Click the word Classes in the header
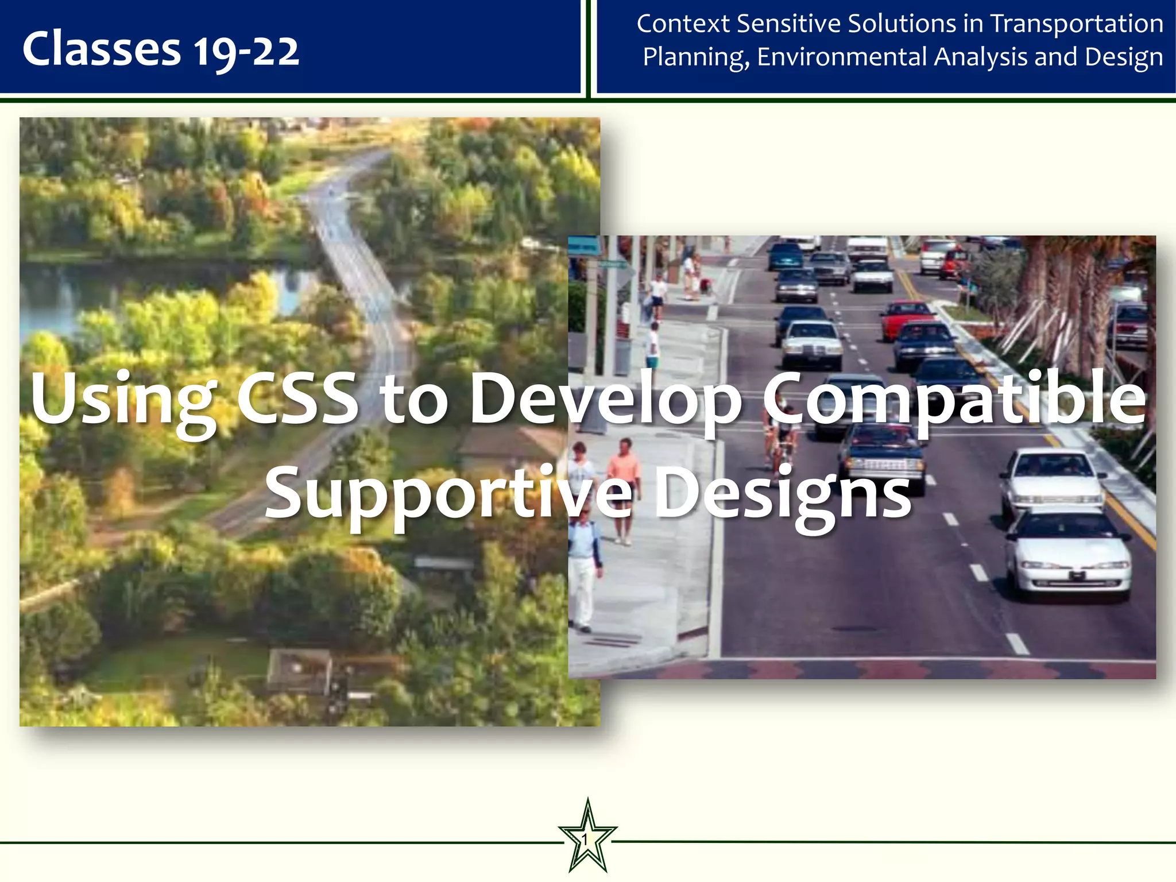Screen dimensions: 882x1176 click(101, 49)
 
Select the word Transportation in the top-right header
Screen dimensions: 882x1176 click(1077, 24)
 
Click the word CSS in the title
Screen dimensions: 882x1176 click(297, 397)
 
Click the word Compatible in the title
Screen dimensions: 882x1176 click(954, 397)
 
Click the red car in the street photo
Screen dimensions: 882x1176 click(907, 318)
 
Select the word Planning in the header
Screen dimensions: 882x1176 click(695, 57)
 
